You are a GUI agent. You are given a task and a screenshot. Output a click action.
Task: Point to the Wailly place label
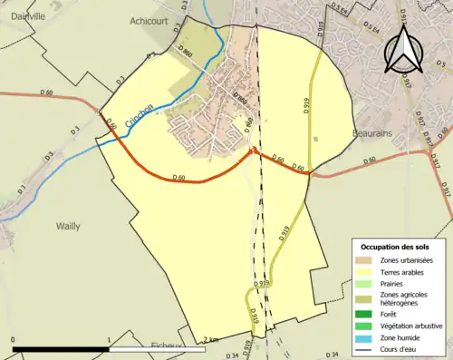point(68,227)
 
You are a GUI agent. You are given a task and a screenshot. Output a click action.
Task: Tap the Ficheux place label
point(168,346)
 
